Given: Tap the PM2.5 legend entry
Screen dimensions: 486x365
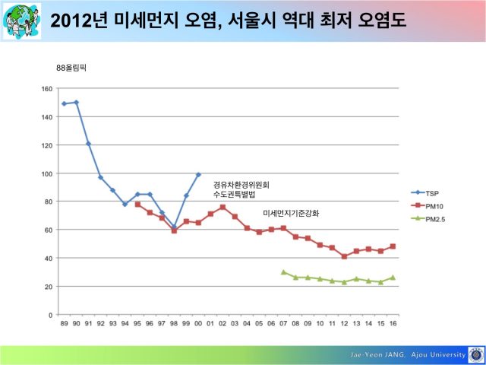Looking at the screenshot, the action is [428, 219].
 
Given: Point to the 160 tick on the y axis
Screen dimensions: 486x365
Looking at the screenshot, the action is [47, 89].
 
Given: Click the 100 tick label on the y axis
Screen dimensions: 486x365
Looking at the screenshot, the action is [47, 173].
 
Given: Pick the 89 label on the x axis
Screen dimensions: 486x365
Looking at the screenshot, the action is [64, 323].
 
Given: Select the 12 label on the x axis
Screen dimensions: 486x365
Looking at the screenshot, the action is [344, 323].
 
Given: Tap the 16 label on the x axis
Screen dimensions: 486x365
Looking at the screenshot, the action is [393, 323].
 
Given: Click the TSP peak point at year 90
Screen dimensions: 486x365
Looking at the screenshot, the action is [76, 103].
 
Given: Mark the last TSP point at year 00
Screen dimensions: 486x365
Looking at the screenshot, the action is [198, 175].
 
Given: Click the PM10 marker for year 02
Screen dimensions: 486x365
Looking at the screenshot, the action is [222, 207].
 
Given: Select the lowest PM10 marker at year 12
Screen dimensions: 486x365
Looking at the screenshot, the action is [344, 256].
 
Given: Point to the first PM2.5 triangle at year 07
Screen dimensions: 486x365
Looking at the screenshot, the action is [283, 272].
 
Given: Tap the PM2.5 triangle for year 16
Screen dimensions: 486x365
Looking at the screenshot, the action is [393, 278].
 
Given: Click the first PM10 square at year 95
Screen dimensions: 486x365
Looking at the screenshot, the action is [137, 205].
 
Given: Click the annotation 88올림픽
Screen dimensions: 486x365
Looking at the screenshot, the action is [71, 68].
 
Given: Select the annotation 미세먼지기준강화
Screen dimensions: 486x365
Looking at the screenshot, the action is [291, 214].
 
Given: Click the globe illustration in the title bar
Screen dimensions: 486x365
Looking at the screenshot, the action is [22, 21].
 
